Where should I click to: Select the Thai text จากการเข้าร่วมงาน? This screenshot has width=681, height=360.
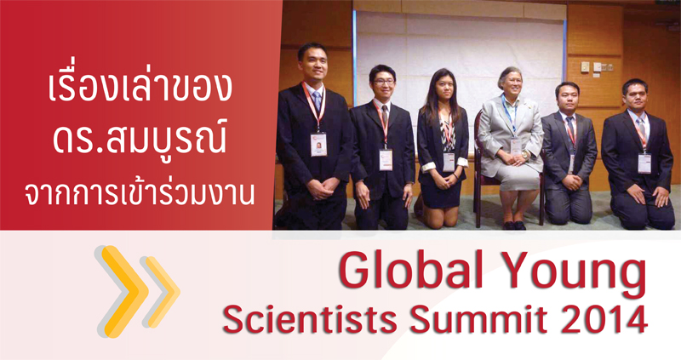point(140,192)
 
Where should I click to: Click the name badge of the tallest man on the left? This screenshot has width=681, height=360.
point(318,144)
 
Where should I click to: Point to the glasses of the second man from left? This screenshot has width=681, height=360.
point(384,81)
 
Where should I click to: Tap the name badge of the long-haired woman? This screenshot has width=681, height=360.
point(449,162)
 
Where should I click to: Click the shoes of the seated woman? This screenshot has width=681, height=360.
point(514,226)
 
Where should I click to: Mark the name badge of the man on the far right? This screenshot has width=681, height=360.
point(644,163)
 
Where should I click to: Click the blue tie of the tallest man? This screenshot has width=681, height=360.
point(318,100)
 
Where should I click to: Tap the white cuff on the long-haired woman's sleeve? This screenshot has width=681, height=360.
point(428,166)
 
